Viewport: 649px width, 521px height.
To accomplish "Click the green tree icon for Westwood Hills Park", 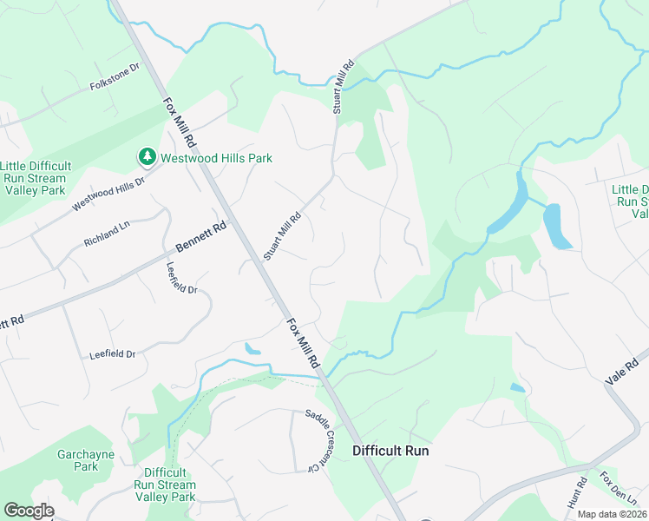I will (x=147, y=157).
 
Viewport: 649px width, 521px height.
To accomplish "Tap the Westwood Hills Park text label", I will (x=215, y=158).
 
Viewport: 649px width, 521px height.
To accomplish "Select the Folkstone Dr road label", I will (x=115, y=76).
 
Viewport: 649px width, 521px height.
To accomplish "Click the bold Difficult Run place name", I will (x=390, y=451).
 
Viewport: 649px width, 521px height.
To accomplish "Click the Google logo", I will (x=28, y=511).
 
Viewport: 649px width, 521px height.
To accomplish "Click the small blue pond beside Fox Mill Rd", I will (x=252, y=349).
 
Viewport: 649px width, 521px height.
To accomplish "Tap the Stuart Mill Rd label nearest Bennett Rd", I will (x=282, y=236).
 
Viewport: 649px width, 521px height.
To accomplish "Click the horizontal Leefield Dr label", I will (x=113, y=354).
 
